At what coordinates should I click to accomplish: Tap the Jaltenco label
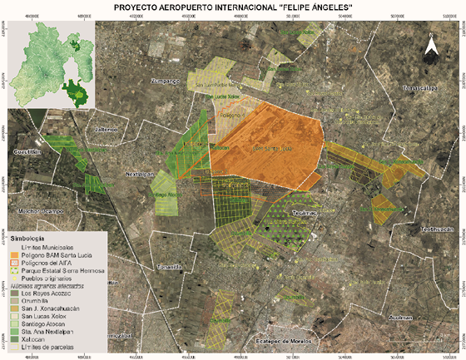tap(107, 131)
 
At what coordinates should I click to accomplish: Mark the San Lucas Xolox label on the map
tap(221, 96)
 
